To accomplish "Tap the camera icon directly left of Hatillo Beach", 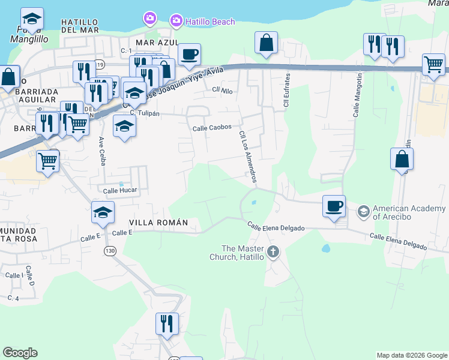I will coord(176,21).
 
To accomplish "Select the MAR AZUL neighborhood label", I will coord(157,43).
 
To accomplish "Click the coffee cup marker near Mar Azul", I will coord(190,55).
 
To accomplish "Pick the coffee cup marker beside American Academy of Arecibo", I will coord(334,206).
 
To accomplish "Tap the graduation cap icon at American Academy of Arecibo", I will coord(363,211).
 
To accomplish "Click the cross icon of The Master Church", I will coord(273,251).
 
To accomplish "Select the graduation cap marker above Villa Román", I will coord(103,212).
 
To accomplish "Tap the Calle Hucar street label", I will coord(120,191).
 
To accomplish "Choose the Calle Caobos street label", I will coord(212,128).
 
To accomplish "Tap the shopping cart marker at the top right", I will coord(433,64).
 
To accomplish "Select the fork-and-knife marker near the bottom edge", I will coord(167,323).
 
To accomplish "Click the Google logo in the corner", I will coord(20,353).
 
